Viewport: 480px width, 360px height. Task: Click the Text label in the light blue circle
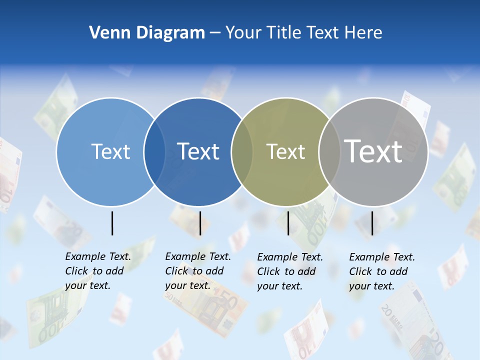coord(110,151)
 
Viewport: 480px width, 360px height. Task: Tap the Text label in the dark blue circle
coord(198,151)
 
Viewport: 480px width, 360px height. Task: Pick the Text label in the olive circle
coord(285,151)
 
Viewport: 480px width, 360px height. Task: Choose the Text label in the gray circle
coord(373,151)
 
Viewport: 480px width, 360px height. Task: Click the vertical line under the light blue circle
coord(112,223)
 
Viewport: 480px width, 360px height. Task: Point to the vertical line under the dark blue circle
coord(200,223)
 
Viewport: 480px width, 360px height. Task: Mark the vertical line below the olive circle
coord(288,223)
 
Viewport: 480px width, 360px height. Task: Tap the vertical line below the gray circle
coord(372,223)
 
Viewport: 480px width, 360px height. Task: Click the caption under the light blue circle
coord(98,271)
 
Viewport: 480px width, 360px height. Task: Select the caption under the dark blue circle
coord(198,271)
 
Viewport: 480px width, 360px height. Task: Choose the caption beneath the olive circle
coord(290,271)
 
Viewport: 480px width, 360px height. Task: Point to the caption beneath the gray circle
coord(382,271)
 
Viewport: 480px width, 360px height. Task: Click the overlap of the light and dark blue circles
coord(154,152)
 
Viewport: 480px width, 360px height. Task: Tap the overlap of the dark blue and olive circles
coord(242,152)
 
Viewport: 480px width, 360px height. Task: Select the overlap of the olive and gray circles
coord(329,152)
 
